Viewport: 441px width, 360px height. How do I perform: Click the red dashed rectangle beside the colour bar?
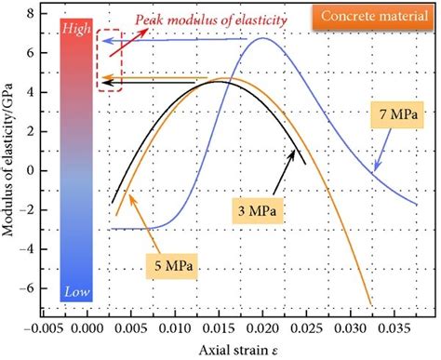point(109,60)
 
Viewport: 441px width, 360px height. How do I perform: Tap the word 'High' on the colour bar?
point(74,29)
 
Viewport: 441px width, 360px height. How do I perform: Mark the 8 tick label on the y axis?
point(32,13)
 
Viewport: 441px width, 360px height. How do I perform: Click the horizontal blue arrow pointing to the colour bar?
point(177,40)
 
